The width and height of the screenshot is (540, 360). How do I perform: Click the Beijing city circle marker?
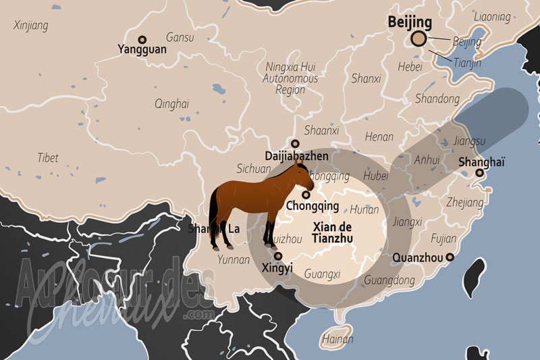419,39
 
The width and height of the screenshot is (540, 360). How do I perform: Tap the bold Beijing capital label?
410,22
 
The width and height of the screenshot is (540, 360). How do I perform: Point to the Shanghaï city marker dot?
479,173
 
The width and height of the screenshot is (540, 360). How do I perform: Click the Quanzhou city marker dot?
450,257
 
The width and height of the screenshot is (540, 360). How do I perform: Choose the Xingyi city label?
277,268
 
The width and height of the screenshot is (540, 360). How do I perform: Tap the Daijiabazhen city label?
296,156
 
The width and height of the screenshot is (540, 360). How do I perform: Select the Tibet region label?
48,157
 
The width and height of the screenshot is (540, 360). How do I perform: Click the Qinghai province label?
171,103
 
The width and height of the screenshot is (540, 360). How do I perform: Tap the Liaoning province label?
492,16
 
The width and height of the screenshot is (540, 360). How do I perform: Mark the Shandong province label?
437,99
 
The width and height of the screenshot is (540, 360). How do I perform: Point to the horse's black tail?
213,213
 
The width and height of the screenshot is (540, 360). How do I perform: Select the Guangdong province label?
389,280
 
